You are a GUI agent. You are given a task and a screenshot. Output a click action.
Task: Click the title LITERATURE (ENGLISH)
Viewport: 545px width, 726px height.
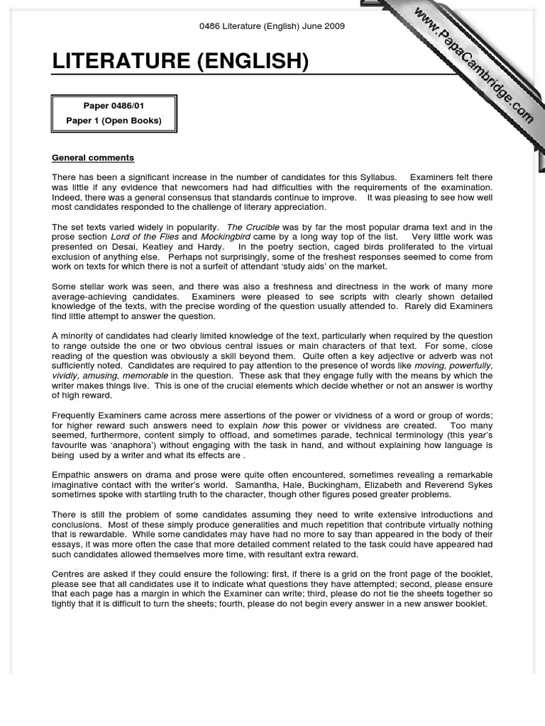pyautogui.click(x=180, y=62)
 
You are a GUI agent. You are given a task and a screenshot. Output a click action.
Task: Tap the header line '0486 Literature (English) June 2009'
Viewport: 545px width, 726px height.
pyautogui.click(x=272, y=26)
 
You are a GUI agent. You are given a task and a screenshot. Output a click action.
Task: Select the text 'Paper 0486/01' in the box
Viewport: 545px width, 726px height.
pyautogui.click(x=114, y=106)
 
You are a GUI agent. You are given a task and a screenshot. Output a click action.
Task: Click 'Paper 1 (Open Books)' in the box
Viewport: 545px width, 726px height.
pyautogui.click(x=114, y=121)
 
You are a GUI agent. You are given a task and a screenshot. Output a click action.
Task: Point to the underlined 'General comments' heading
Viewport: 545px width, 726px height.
pyautogui.click(x=93, y=157)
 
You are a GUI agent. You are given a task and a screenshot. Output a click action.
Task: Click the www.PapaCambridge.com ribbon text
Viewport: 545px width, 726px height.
pyautogui.click(x=473, y=65)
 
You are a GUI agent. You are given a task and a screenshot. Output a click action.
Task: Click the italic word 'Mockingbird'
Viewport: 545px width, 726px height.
pyautogui.click(x=226, y=237)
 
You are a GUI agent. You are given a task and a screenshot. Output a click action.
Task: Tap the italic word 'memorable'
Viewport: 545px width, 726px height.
pyautogui.click(x=145, y=376)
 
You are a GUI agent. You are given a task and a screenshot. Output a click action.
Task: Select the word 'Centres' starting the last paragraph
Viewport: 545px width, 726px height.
pyautogui.click(x=69, y=574)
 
